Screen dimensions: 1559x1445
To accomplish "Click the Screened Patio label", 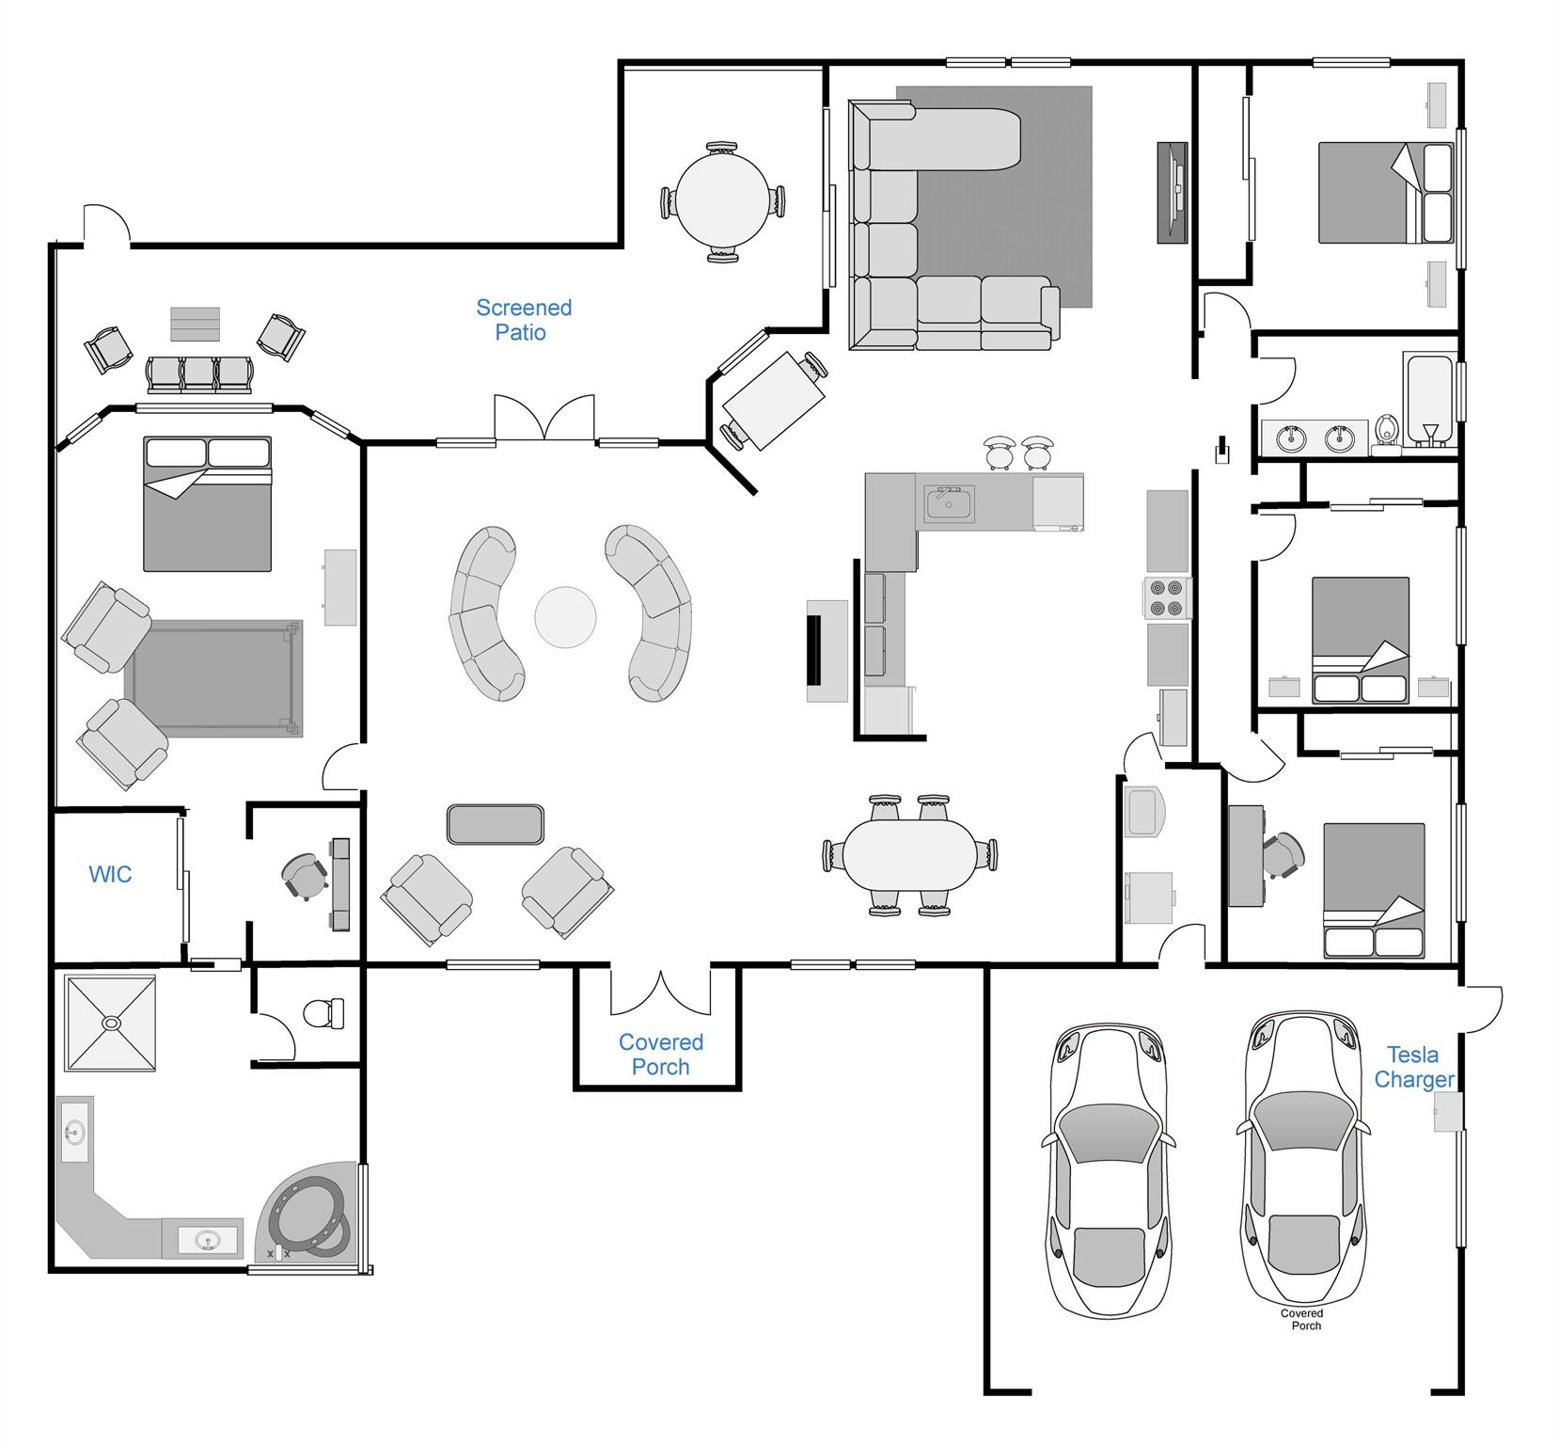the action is point(523,320).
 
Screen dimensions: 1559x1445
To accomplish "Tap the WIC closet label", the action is point(110,874).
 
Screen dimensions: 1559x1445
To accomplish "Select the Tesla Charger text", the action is point(1414,1067).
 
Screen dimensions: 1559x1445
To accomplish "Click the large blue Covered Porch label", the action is point(660,1055).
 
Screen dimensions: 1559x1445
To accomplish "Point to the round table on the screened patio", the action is point(724,201).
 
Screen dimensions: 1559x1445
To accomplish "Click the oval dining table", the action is point(909,854).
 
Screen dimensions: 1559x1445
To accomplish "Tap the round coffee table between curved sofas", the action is point(565,617).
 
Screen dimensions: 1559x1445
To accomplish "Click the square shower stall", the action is point(110,1023).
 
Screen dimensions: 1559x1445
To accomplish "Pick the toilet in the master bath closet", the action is point(324,1013).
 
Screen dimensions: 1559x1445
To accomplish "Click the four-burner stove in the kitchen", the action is point(1167,597).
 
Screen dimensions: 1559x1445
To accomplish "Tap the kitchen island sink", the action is point(949,504).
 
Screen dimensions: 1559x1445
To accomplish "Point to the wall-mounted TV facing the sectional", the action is point(1173,193).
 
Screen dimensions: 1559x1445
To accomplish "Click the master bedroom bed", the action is point(207,503).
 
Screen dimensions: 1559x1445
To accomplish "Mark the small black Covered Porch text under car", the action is point(1301,1319).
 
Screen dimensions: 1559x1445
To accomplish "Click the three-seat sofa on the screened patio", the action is point(198,373).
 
